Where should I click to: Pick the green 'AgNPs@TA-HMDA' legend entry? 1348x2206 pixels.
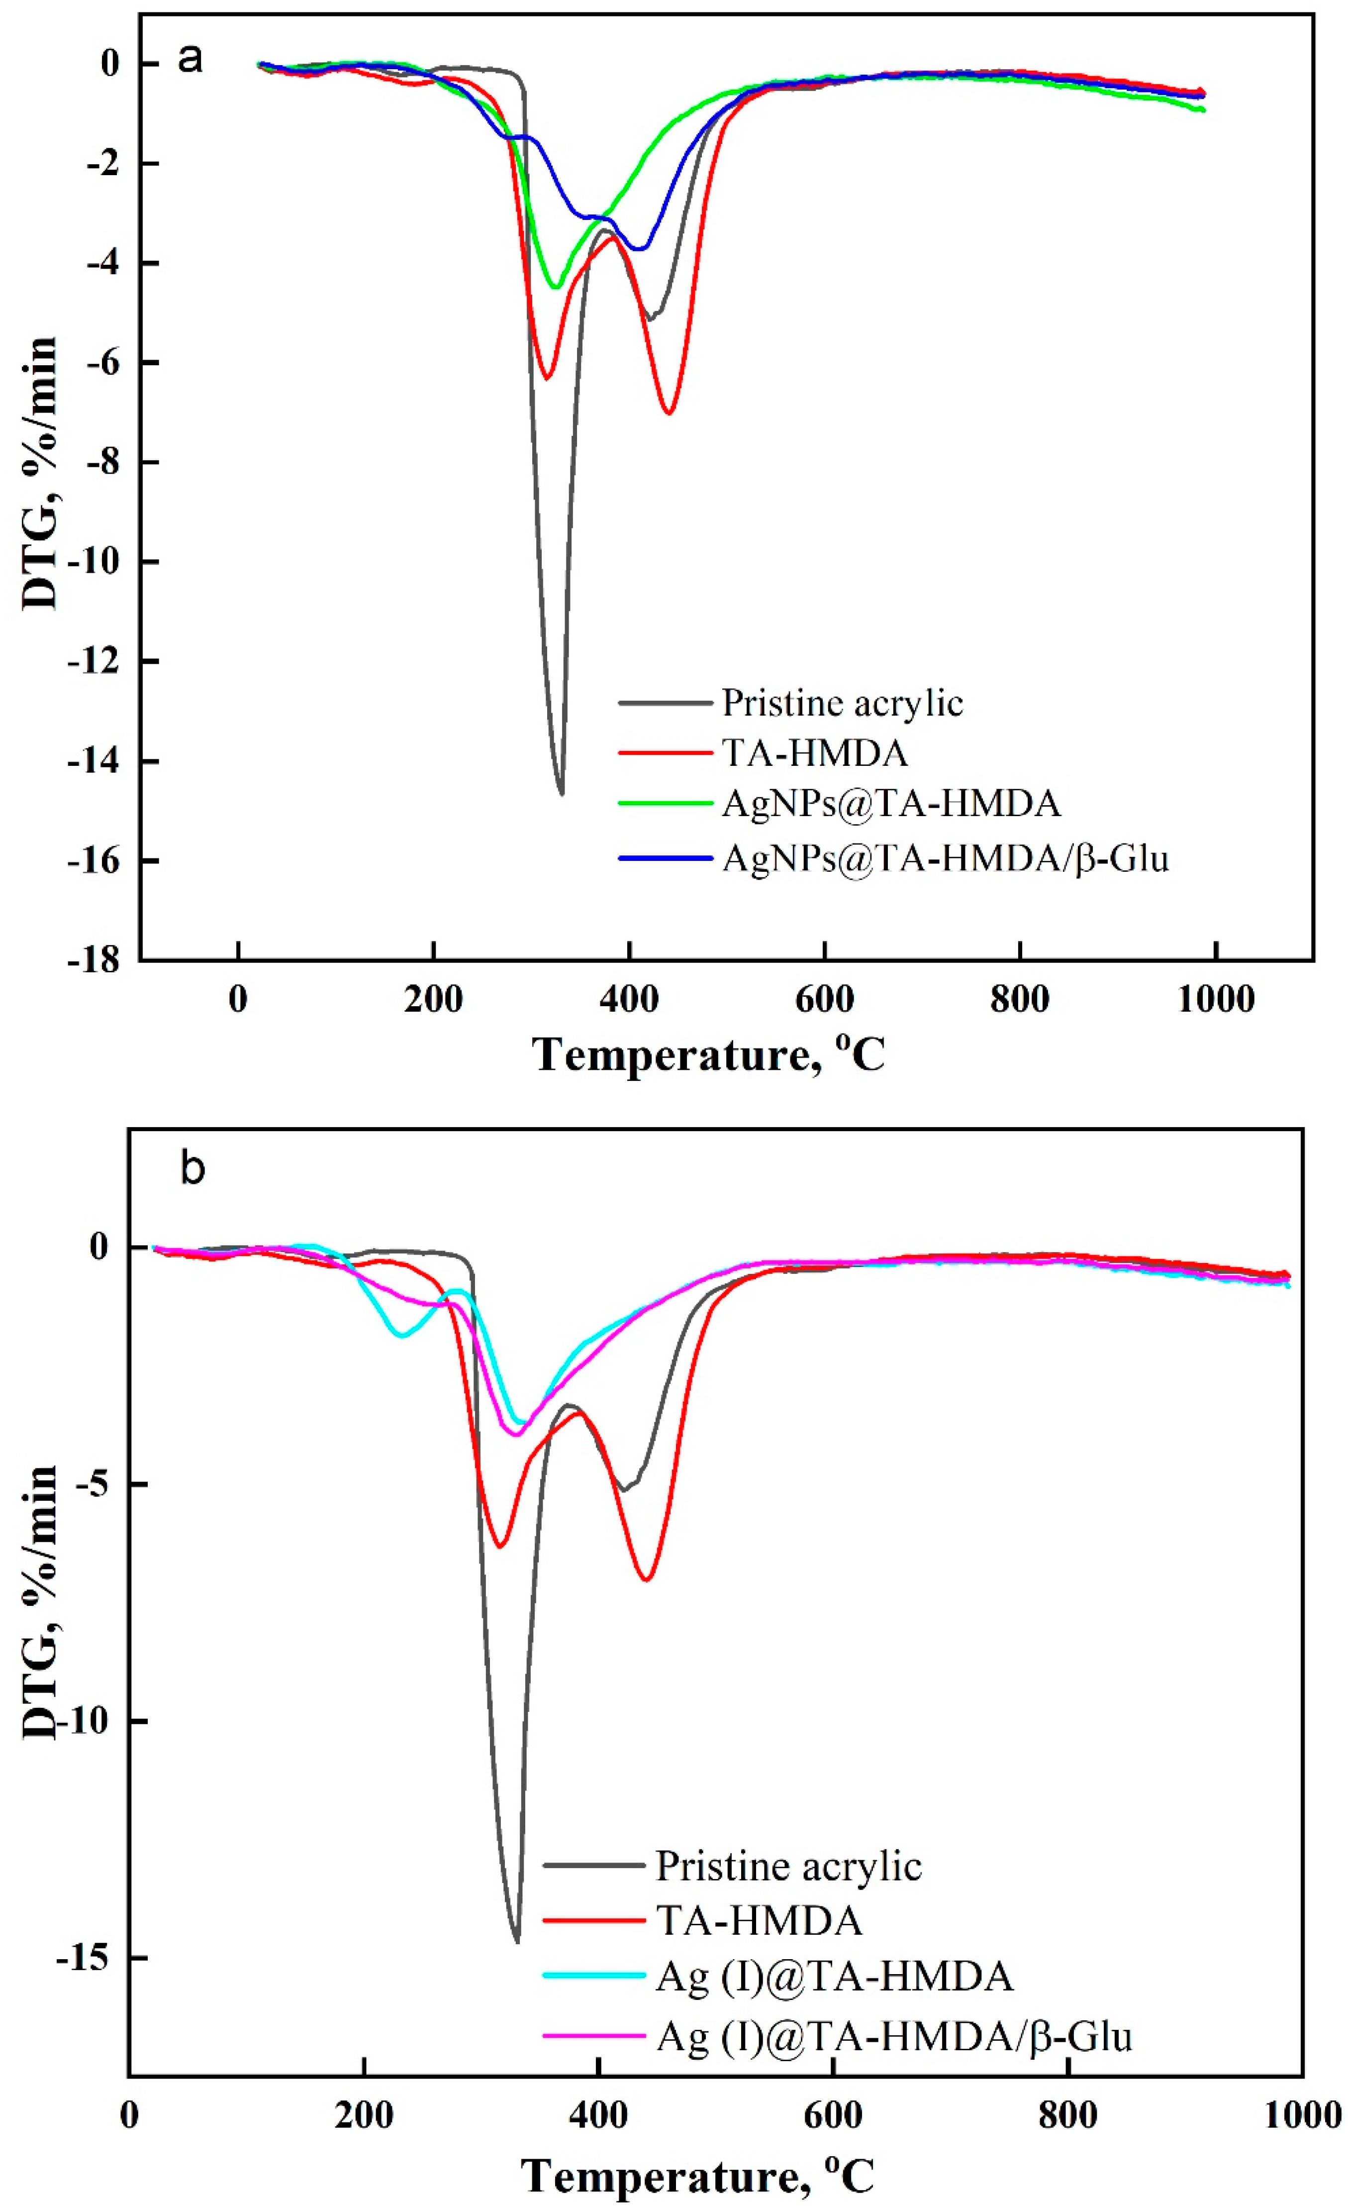tap(890, 803)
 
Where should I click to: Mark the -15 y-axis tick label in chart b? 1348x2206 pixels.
tap(87, 1957)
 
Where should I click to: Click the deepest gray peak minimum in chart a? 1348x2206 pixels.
tap(561, 793)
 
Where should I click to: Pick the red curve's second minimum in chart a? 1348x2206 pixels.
tap(669, 412)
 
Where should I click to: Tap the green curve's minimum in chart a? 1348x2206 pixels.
tap(556, 288)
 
